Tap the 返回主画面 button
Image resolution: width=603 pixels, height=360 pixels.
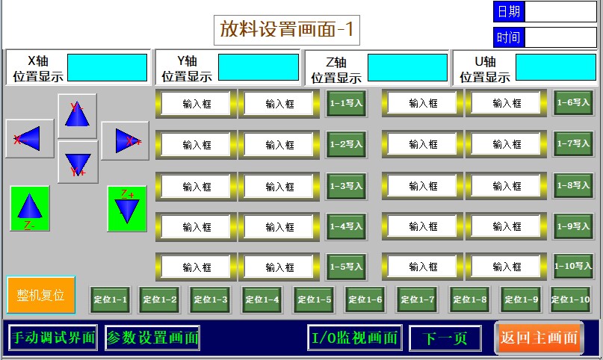[x=539, y=338]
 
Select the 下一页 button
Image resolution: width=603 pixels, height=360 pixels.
[x=445, y=338]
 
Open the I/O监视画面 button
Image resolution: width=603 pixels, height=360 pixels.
[x=355, y=338]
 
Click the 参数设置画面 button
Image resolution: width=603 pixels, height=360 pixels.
[x=152, y=338]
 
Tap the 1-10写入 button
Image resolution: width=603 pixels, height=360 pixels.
[x=573, y=266]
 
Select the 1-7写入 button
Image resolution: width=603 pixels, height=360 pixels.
[x=573, y=143]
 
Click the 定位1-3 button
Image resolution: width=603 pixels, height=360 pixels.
[x=210, y=300]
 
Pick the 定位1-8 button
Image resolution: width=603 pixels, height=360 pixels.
[x=469, y=300]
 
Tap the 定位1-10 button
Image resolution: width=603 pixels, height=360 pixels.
[x=571, y=300]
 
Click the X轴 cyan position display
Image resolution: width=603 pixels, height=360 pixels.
[x=108, y=67]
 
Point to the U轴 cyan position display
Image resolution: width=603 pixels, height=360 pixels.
[x=556, y=67]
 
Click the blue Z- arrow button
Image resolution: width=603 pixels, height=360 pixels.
[x=29, y=208]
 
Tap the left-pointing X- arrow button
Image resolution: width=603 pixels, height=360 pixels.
[x=29, y=139]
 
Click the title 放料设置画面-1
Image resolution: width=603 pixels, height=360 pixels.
[x=288, y=30]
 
